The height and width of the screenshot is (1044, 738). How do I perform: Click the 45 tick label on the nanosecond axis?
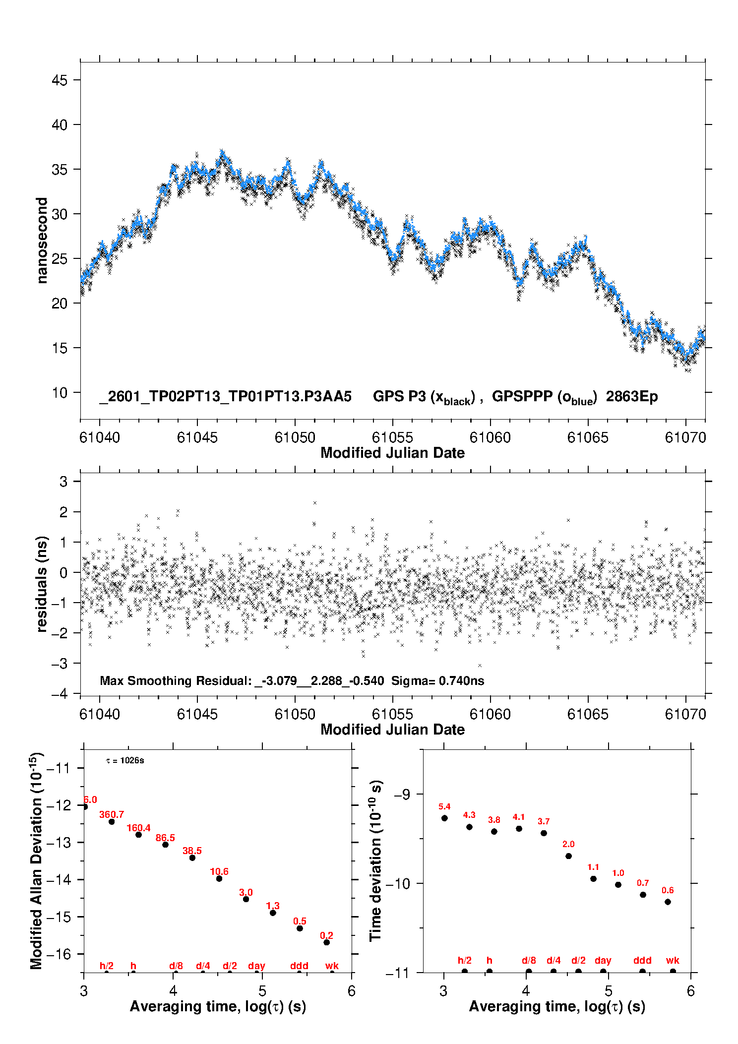59,80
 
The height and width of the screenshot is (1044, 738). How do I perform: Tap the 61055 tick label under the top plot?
392,437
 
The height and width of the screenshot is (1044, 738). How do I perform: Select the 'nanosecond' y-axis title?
42,240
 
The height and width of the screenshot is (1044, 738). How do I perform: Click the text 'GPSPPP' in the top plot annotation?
522,396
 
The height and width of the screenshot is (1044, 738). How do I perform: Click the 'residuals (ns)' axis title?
42,584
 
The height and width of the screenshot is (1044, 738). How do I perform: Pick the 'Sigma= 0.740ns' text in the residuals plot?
437,680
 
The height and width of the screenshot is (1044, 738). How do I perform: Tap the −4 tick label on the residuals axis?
59,694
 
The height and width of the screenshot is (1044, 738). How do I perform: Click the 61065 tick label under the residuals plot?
587,714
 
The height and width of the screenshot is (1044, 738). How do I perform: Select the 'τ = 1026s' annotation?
125,761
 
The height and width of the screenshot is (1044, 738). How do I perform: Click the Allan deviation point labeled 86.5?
165,845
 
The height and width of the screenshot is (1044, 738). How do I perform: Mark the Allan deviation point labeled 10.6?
219,878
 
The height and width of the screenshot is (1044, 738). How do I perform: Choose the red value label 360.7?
112,814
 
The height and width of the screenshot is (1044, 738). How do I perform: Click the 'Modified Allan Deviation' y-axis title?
36,860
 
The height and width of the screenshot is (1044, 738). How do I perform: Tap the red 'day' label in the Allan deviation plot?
256,966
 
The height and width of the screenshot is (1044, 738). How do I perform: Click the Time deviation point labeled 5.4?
444,818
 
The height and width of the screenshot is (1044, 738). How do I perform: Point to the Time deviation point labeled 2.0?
568,856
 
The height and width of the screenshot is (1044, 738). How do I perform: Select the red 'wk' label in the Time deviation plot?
673,960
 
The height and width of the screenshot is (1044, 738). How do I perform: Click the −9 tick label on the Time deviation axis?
402,795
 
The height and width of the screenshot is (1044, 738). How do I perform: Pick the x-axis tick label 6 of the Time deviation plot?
690,991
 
